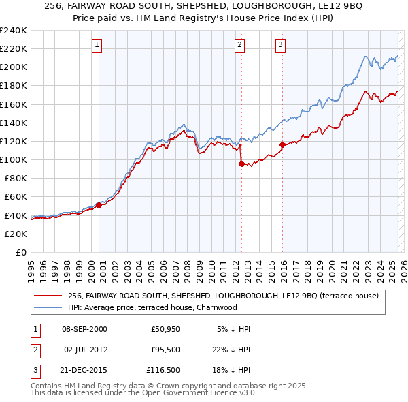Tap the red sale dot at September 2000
pos(99,204)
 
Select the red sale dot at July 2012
pos(241,164)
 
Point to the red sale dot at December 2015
pos(282,144)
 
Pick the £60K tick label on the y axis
pos(15,196)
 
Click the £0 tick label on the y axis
pos(20,252)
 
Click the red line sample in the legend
pos(48,296)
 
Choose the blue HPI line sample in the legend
pos(48,307)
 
